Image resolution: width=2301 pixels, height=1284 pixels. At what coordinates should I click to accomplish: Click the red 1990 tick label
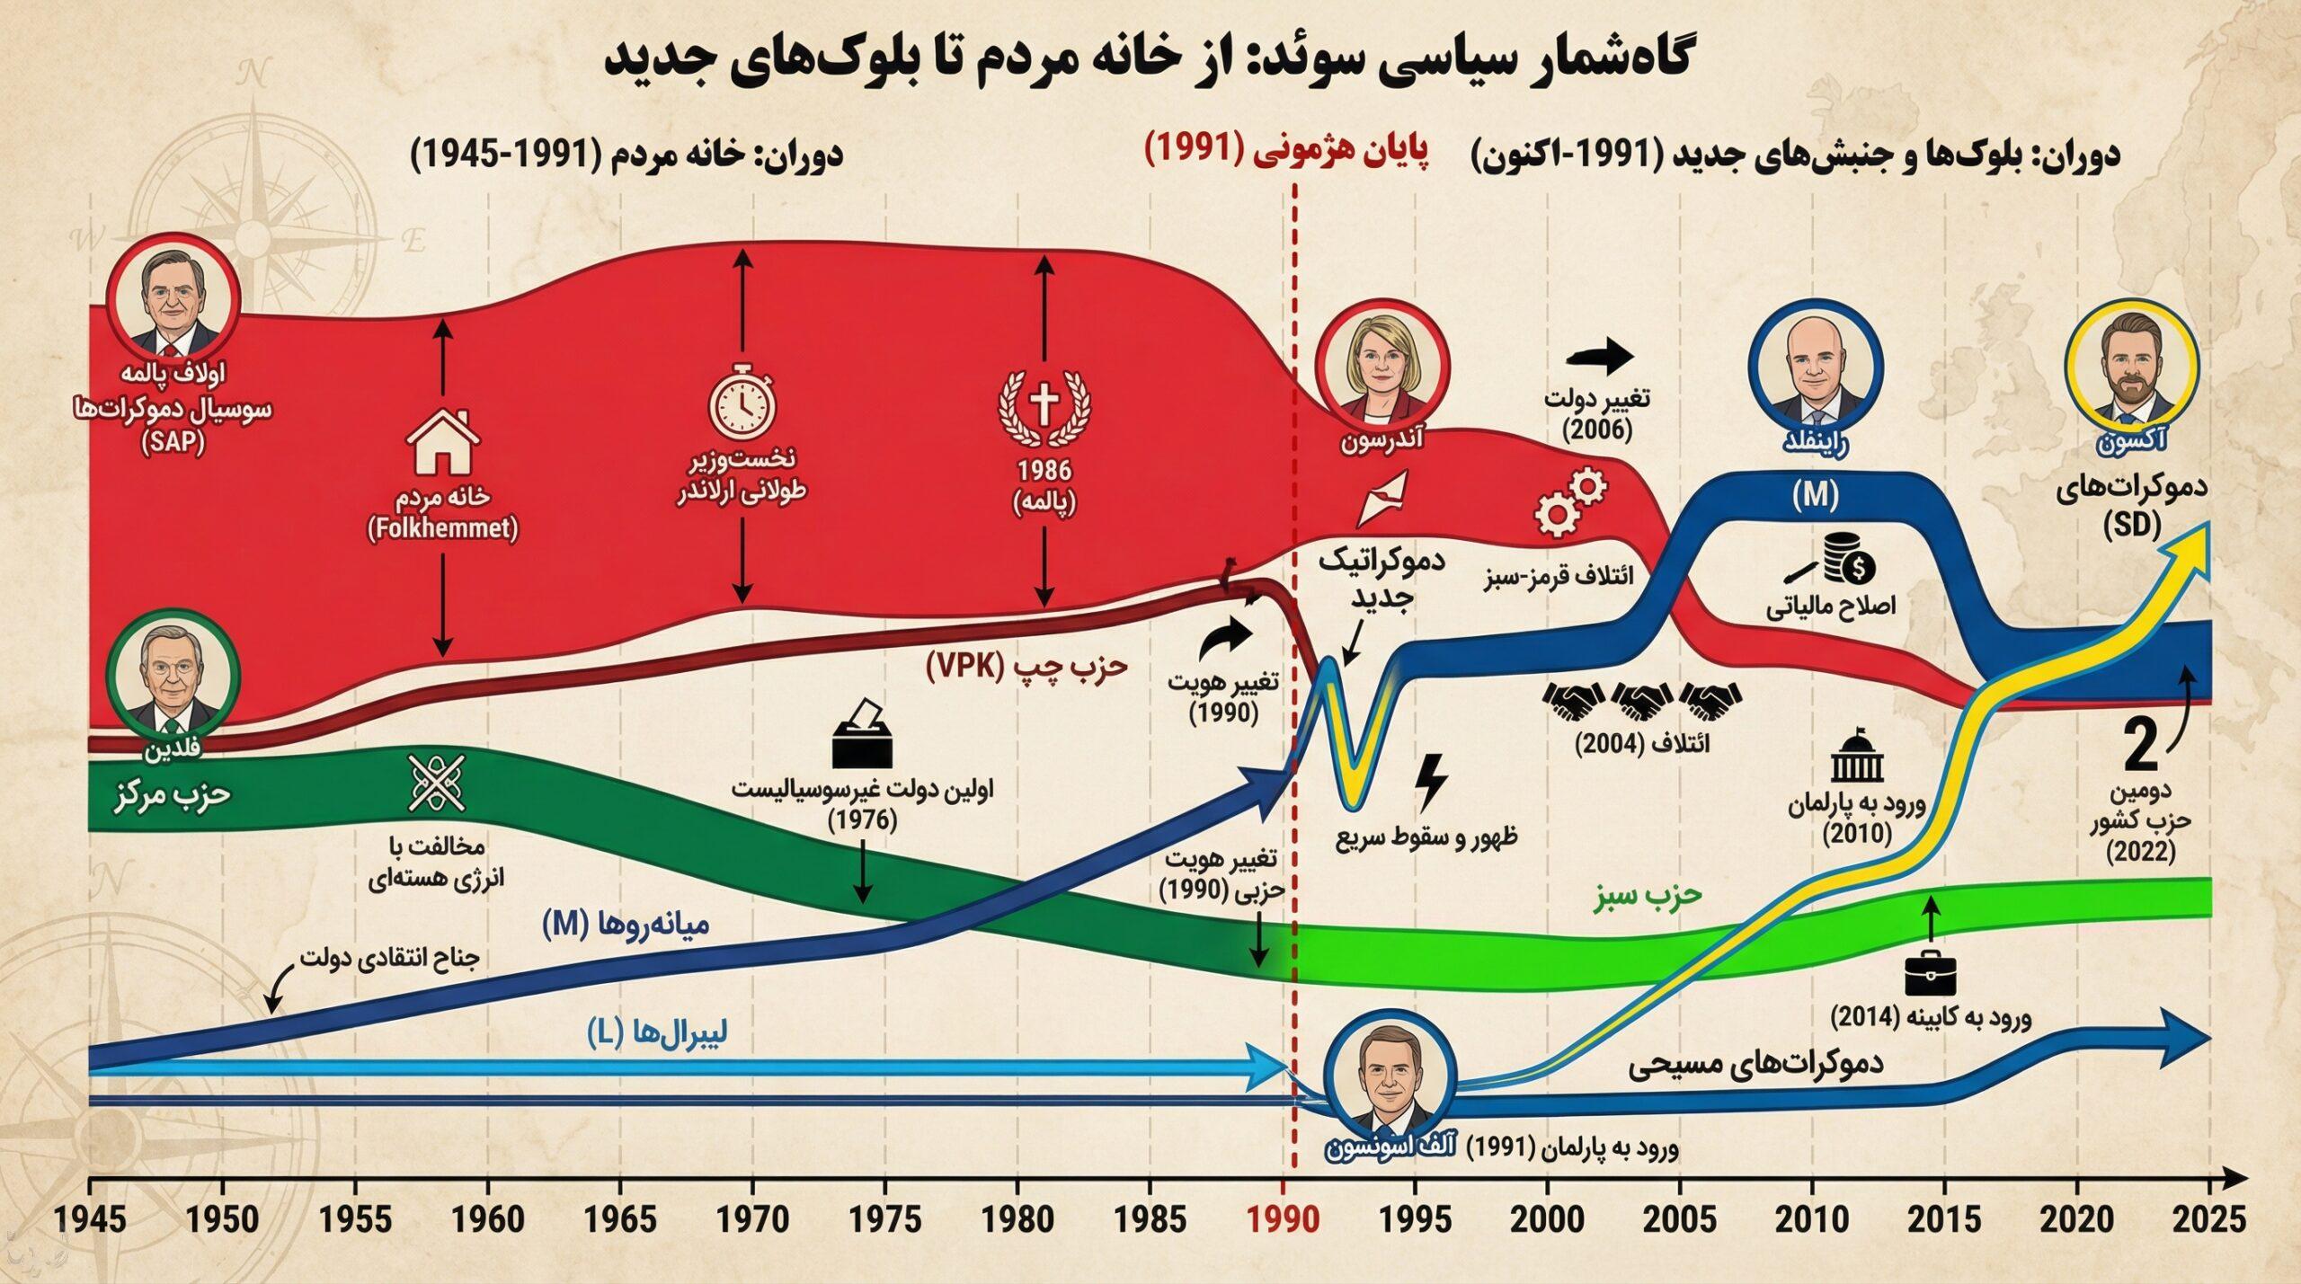[x=1287, y=1220]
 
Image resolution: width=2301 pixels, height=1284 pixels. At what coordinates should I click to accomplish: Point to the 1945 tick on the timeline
[x=90, y=1220]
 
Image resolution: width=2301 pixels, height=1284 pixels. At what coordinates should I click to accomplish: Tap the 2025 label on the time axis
[x=2209, y=1220]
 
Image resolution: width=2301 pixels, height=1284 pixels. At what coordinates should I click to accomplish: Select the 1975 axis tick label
[x=885, y=1220]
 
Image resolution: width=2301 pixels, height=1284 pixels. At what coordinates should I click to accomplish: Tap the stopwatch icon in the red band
[x=742, y=399]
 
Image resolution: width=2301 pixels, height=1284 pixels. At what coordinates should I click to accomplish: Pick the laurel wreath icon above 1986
[x=1044, y=407]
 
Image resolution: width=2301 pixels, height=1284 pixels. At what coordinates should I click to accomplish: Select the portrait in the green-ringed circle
[x=172, y=677]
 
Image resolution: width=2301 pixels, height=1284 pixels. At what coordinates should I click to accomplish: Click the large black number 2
[x=2140, y=747]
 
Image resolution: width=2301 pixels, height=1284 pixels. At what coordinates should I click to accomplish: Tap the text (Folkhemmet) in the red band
[x=442, y=528]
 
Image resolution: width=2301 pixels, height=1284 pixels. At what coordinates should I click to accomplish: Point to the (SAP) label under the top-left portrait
[x=173, y=442]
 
